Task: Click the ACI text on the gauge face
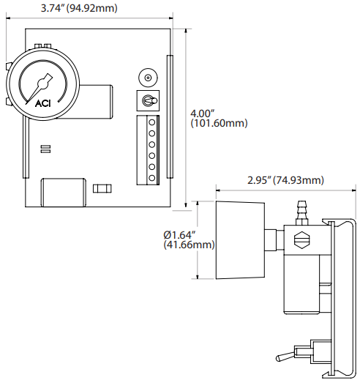click(x=42, y=103)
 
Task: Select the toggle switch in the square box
click(x=147, y=100)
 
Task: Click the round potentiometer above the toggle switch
click(x=147, y=78)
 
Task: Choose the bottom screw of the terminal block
click(x=153, y=177)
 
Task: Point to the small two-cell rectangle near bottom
click(x=102, y=189)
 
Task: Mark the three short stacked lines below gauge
click(x=45, y=149)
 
